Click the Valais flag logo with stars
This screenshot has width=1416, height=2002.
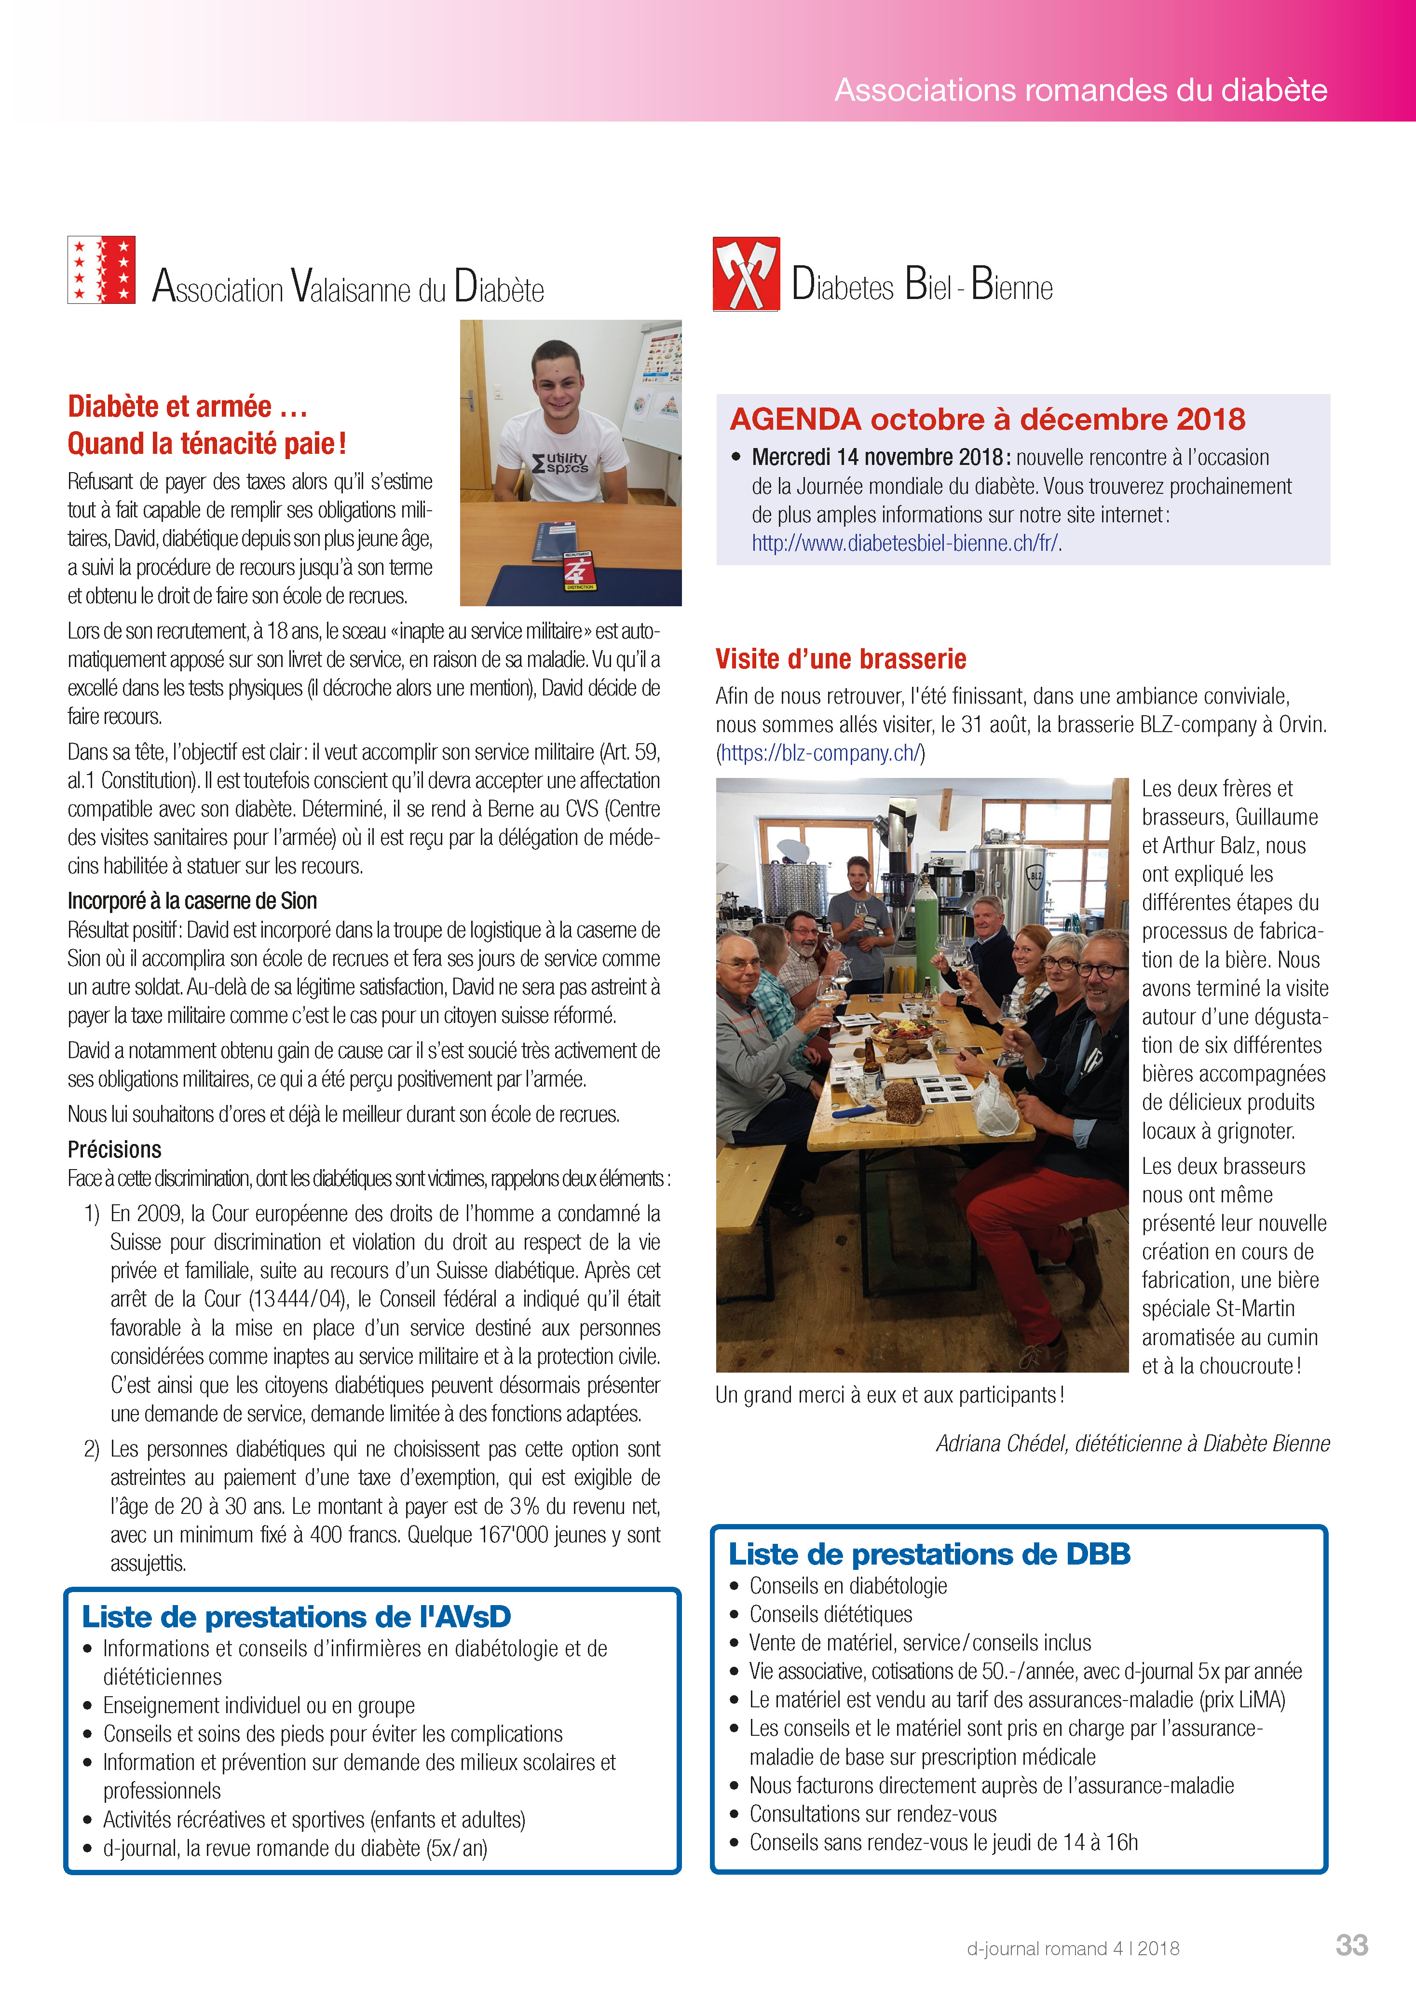[101, 270]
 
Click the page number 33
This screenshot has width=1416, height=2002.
[1351, 1945]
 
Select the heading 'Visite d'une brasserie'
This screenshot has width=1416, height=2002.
[841, 659]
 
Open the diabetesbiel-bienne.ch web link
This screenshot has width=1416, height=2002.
[905, 543]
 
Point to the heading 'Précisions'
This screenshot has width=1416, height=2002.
[114, 1149]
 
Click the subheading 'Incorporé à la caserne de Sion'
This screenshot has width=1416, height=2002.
[192, 901]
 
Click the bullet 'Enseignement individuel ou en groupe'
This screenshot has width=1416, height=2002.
[258, 1705]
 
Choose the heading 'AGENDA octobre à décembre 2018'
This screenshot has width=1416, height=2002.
[987, 420]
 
